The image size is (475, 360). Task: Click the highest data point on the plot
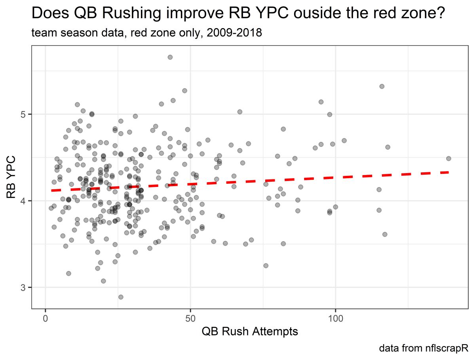point(170,57)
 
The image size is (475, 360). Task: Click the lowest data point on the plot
point(121,297)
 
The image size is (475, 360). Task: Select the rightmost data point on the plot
point(448,158)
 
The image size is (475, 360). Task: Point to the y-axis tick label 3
point(23,288)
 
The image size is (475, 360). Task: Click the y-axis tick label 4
point(23,201)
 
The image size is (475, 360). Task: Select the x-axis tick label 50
point(190,319)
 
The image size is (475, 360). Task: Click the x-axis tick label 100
point(335,319)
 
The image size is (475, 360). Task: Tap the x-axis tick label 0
point(46,319)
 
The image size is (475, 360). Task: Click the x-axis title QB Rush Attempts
point(250,331)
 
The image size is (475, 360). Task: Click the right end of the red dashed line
point(448,172)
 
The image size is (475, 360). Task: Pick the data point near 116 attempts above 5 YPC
point(382,86)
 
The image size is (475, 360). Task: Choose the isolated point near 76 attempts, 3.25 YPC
point(266,265)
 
